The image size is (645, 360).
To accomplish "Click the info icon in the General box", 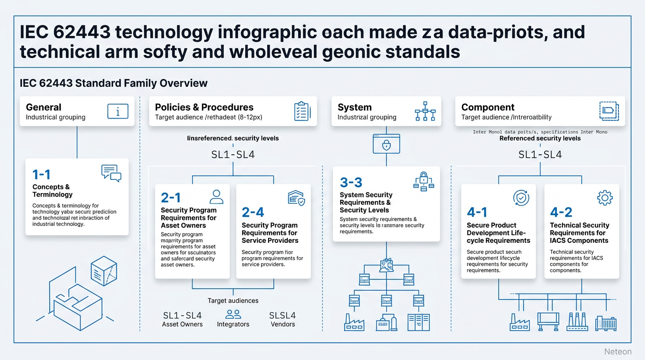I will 118,111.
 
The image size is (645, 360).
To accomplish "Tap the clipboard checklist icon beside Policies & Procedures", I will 301,111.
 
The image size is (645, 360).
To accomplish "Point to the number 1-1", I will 41,175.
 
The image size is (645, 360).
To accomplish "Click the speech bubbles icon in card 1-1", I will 111,173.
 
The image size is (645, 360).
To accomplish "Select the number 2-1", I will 171,198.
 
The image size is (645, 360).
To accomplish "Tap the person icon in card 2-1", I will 216,196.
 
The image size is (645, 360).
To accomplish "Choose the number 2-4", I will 253,212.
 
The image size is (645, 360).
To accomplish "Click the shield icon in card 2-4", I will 296,198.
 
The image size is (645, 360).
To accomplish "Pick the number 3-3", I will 351,182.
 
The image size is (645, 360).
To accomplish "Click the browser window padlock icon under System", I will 386,143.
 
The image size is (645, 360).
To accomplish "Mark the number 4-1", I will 477,212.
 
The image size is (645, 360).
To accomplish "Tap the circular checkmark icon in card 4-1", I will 521,198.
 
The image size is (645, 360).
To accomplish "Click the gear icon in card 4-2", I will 605,198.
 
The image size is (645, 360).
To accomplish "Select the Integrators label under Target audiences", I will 233,324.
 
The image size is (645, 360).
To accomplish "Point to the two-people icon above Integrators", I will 233,314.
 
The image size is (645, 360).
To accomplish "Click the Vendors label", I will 283,324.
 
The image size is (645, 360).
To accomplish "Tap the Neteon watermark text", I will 618,352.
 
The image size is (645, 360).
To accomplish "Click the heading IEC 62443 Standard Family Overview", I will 114,83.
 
